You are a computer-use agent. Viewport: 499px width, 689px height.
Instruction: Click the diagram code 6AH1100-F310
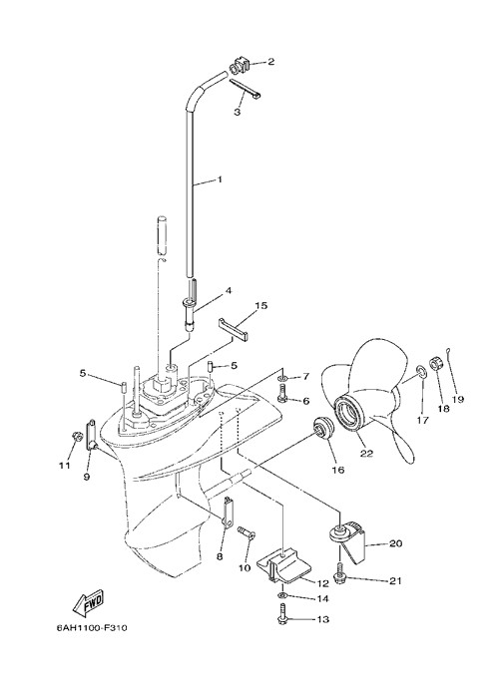[x=92, y=627]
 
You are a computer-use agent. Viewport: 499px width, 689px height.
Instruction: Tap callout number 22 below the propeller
[x=366, y=454]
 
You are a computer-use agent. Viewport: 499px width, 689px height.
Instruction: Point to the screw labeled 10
[x=246, y=533]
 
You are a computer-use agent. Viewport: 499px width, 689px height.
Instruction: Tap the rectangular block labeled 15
[x=234, y=330]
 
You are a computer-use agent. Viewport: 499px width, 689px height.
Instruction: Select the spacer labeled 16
[x=322, y=430]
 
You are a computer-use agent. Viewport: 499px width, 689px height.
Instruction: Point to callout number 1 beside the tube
[x=220, y=179]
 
